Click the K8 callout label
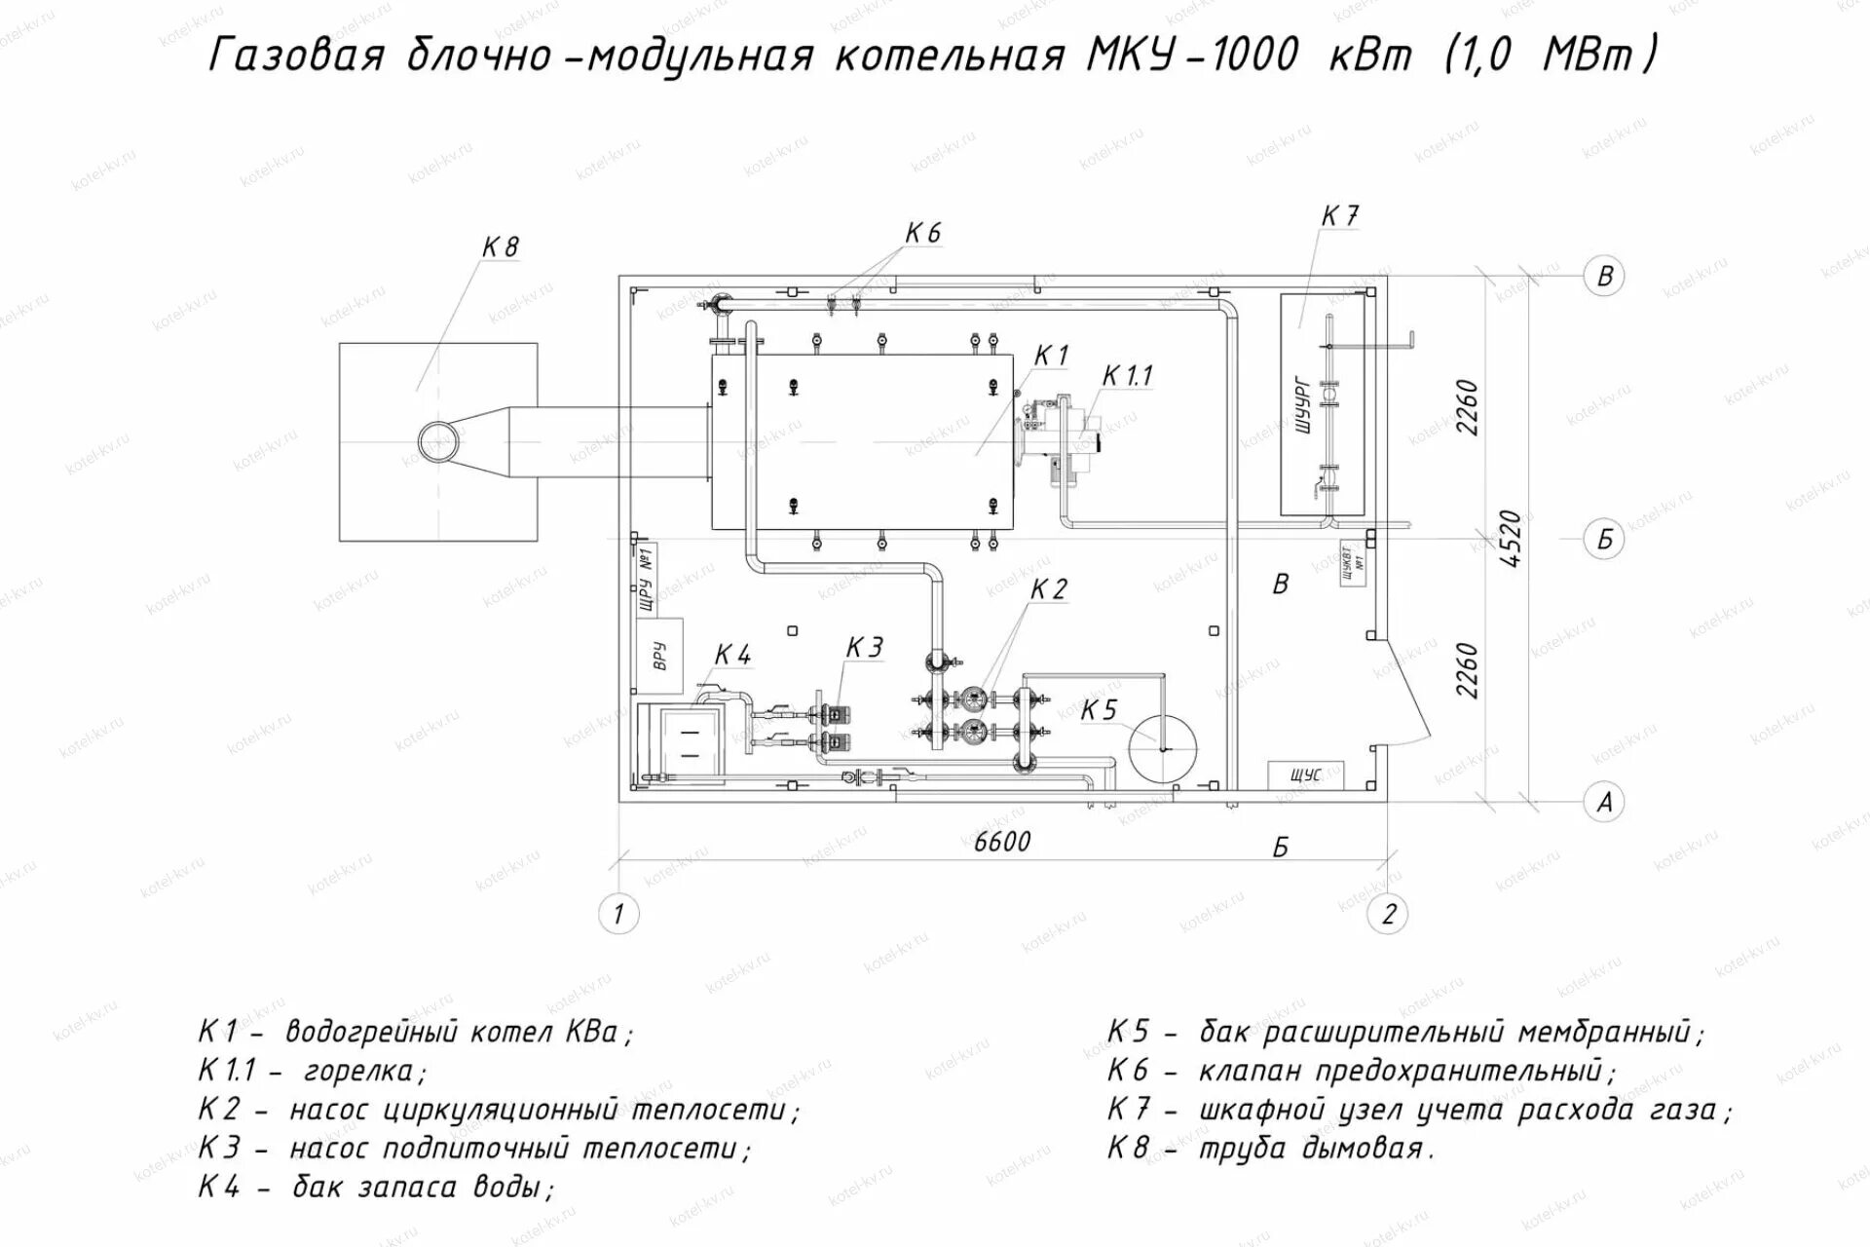pyautogui.click(x=501, y=247)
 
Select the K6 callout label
pyautogui.click(x=922, y=234)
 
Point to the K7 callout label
pyautogui.click(x=1340, y=216)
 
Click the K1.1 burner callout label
pyautogui.click(x=1127, y=376)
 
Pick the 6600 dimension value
pyautogui.click(x=1002, y=841)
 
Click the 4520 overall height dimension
pyautogui.click(x=1510, y=539)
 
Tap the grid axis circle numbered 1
pyautogui.click(x=617, y=914)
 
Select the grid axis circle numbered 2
pyautogui.click(x=1388, y=914)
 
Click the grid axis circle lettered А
pyautogui.click(x=1604, y=802)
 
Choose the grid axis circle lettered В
pyautogui.click(x=1604, y=276)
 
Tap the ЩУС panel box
pyautogui.click(x=1305, y=775)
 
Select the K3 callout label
pyautogui.click(x=864, y=648)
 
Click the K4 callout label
pyautogui.click(x=732, y=655)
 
